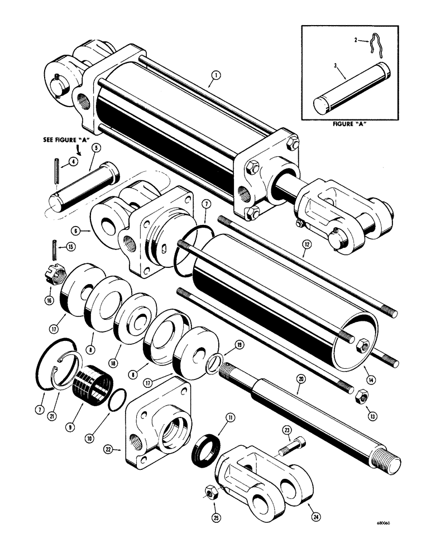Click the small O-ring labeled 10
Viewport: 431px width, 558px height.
pyautogui.click(x=116, y=401)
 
